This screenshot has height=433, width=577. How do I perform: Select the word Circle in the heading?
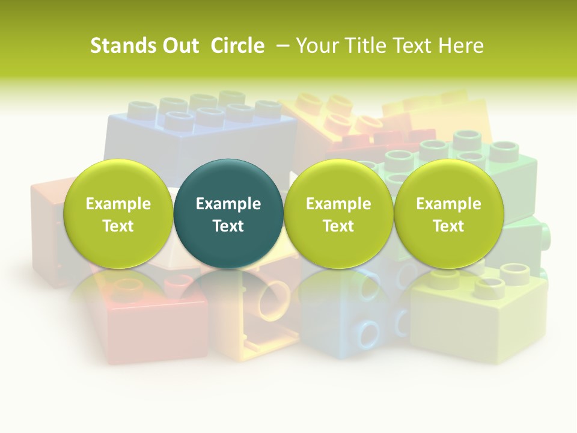point(237,46)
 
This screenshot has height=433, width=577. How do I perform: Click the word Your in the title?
point(316,46)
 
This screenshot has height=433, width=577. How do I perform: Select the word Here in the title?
point(461,46)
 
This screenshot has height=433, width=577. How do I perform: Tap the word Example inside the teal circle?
point(228,204)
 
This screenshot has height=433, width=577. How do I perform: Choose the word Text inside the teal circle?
point(228,226)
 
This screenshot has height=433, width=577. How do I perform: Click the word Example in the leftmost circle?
point(118,204)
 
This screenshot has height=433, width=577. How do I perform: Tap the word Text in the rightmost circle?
point(449,226)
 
